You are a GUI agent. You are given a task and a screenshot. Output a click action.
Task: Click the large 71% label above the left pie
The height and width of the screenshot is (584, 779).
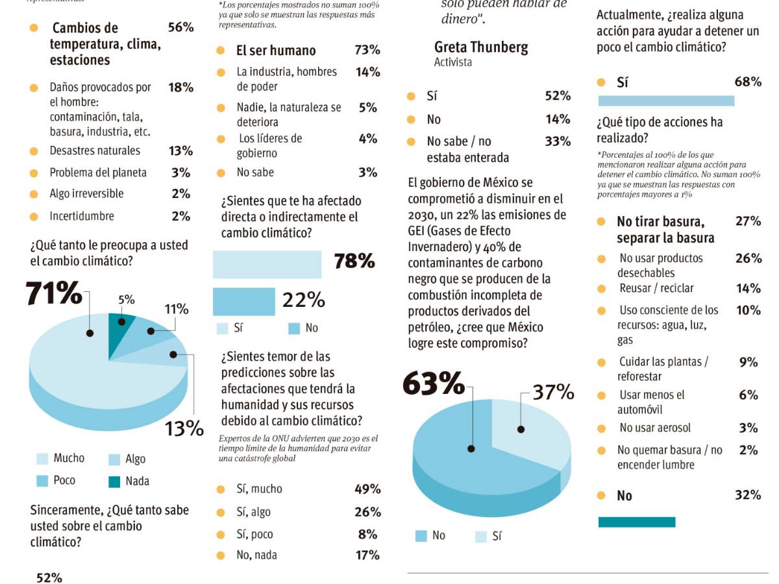click(54, 293)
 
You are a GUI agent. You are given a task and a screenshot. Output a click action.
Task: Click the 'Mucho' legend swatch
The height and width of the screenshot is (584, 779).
click(42, 459)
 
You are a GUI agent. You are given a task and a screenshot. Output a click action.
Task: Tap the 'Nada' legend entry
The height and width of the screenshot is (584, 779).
click(129, 481)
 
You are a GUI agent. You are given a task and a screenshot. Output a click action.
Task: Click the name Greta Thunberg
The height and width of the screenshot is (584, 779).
click(481, 47)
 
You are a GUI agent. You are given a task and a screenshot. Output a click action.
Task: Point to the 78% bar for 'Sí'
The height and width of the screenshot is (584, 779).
click(267, 264)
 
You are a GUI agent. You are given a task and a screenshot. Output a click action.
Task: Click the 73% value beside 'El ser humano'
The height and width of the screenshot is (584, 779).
click(367, 50)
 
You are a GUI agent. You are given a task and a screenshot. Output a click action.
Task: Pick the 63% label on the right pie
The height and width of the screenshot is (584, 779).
click(433, 383)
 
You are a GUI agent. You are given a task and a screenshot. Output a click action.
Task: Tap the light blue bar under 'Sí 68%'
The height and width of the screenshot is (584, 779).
click(665, 101)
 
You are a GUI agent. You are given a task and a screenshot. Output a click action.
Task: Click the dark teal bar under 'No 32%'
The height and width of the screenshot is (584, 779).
click(636, 522)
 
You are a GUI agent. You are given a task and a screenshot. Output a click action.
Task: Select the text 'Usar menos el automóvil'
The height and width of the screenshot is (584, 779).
click(651, 402)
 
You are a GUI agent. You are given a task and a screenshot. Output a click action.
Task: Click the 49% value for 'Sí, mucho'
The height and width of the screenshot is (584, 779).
click(367, 489)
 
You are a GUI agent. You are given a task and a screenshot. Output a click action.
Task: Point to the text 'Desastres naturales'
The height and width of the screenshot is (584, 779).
click(95, 151)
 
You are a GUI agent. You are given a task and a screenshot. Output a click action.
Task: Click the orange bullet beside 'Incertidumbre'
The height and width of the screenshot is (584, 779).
click(34, 217)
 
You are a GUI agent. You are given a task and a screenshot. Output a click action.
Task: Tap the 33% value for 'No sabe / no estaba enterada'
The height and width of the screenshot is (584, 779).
click(558, 141)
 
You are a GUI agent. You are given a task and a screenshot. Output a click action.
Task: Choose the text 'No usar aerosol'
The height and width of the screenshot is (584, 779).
click(655, 428)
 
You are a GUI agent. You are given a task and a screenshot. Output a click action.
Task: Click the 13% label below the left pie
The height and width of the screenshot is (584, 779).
click(184, 428)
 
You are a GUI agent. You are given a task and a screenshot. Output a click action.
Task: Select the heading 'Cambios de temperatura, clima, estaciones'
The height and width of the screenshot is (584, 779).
click(105, 43)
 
